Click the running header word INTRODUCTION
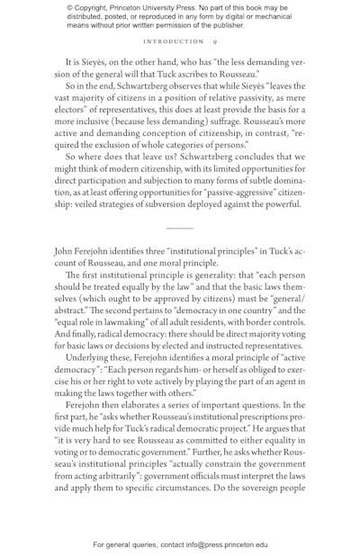coord(174,41)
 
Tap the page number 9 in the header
coord(214,41)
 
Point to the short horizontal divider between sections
coord(180,229)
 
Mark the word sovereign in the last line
coord(257,488)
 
